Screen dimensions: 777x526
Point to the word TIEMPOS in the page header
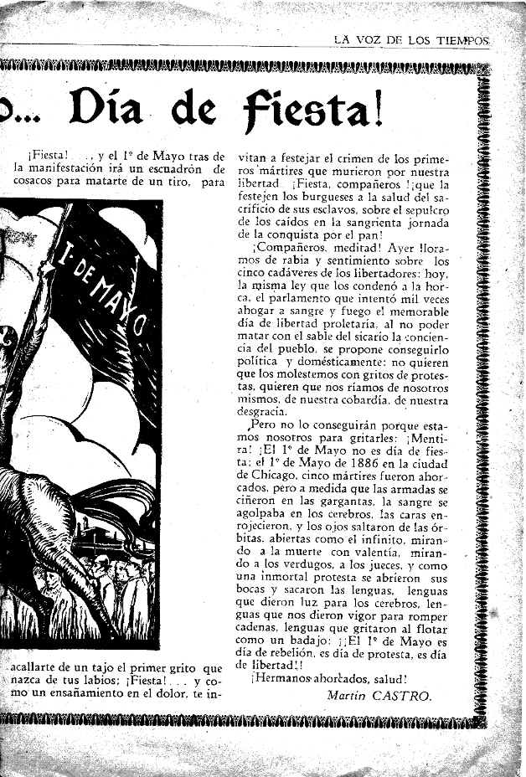(x=461, y=39)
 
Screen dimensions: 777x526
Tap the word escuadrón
(x=178, y=169)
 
